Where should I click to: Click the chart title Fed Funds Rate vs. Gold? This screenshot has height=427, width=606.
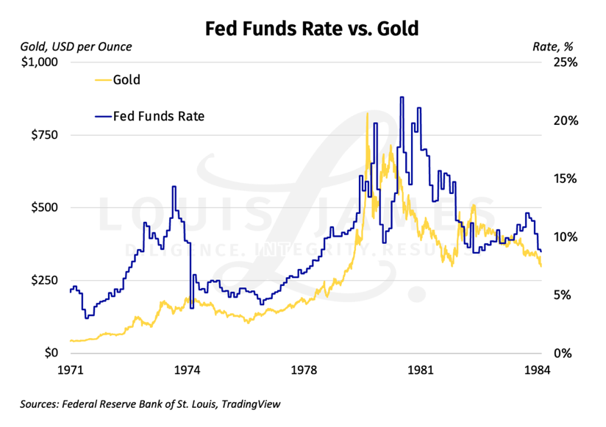click(311, 29)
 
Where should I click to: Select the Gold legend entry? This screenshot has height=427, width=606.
click(126, 79)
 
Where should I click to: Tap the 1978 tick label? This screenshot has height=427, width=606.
click(304, 370)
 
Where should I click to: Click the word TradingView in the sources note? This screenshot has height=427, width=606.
click(249, 403)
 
